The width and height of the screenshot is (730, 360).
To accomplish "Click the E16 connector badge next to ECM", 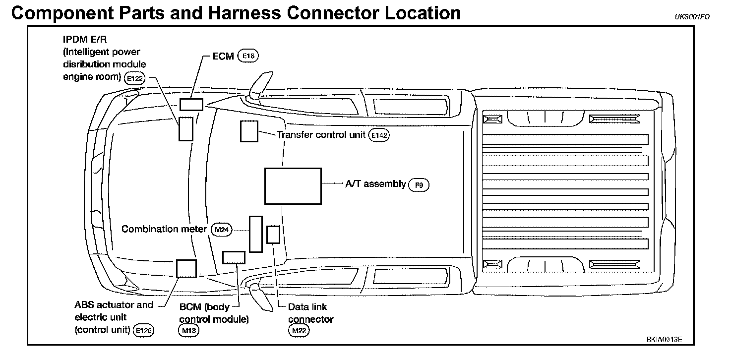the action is click(248, 56).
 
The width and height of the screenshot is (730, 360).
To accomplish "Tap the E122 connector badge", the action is click(134, 78).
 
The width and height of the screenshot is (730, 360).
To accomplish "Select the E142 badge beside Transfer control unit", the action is click(379, 135).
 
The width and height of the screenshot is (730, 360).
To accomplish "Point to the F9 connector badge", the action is click(419, 185).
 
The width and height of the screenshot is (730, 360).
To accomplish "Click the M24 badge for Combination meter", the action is click(222, 230).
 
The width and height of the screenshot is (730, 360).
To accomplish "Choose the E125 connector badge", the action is click(143, 331).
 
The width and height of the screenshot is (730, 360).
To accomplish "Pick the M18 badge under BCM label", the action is click(188, 331).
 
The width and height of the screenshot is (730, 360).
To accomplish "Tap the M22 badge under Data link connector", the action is click(299, 331).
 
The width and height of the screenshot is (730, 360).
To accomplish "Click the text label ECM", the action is click(223, 57).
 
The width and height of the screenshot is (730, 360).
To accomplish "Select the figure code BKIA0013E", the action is click(664, 340).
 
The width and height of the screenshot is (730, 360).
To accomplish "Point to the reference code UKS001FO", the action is click(692, 17).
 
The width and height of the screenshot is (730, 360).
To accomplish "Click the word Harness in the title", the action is click(244, 13).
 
